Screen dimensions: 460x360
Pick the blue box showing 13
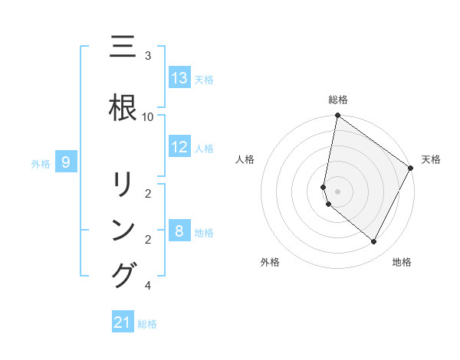[179, 78]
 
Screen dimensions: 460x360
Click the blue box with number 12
[179, 147]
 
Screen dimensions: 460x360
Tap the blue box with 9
[67, 162]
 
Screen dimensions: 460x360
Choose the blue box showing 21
[123, 322]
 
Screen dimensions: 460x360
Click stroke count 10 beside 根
[148, 116]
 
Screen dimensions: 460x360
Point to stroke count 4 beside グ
[148, 286]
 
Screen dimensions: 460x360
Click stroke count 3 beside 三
[148, 56]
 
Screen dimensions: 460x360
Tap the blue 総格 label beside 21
[147, 324]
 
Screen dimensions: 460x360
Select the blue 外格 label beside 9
[41, 163]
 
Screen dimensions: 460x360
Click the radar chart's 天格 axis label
[431, 159]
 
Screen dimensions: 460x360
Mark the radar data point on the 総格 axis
[337, 116]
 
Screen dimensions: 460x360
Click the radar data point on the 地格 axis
[374, 242]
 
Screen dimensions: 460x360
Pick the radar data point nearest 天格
[411, 168]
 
